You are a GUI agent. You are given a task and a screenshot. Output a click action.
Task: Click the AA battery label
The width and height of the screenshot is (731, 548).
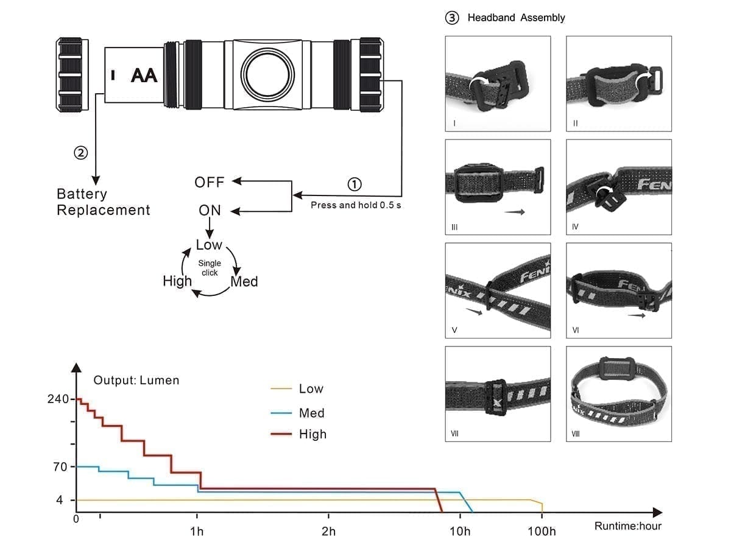(144, 76)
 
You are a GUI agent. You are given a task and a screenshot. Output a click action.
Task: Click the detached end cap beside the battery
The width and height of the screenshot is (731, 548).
(72, 76)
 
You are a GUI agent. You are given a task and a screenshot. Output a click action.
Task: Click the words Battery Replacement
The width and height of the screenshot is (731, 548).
(103, 202)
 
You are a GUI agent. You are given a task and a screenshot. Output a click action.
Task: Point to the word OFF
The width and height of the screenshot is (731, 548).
(210, 182)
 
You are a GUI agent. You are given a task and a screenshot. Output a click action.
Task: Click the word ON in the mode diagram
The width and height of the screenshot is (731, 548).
(210, 211)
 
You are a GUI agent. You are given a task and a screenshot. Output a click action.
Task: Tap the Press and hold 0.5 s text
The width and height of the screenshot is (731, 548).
(356, 205)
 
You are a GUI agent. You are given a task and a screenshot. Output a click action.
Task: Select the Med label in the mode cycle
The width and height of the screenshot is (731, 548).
(244, 282)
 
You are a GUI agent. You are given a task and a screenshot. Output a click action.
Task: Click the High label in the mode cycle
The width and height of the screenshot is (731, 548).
(177, 281)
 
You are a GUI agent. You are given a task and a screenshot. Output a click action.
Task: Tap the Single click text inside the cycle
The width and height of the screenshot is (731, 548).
(210, 268)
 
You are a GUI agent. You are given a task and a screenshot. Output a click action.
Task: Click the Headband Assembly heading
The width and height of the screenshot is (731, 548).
(515, 18)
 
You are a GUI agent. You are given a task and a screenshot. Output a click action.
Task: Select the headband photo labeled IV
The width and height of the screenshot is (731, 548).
(619, 187)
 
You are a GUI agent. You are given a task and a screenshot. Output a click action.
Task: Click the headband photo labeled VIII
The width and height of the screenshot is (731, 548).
(619, 394)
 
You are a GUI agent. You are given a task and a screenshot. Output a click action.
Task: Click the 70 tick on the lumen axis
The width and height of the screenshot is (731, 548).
(60, 467)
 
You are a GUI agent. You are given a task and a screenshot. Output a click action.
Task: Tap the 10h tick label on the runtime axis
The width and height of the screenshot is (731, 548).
(460, 532)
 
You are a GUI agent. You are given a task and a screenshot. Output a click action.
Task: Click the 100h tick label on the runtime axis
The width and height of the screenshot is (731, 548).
(542, 532)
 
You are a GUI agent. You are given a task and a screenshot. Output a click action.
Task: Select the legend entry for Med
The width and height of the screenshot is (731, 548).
(311, 413)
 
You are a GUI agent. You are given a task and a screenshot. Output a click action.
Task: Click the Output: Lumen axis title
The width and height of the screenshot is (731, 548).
(136, 381)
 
